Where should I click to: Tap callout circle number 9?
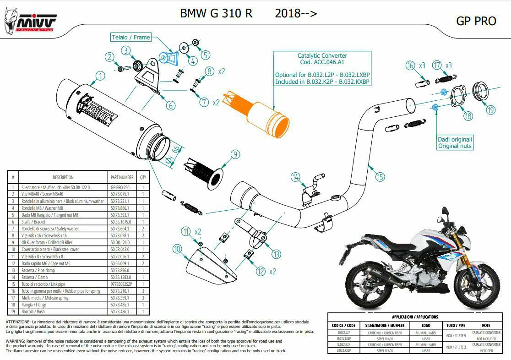click(235, 155)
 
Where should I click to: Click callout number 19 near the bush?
click(491, 110)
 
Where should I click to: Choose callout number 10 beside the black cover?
click(177, 249)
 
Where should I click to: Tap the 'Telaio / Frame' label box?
click(131, 38)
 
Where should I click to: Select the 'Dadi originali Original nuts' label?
click(455, 142)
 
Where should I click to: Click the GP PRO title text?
click(476, 21)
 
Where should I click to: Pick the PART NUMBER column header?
click(122, 177)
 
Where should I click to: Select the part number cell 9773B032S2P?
click(122, 284)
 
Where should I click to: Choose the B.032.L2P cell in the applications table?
click(344, 332)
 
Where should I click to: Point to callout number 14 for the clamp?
click(296, 177)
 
